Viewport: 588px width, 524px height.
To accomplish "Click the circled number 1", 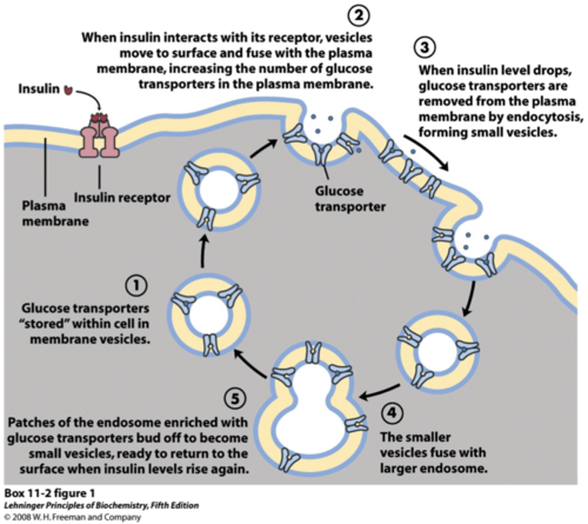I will click(x=136, y=286).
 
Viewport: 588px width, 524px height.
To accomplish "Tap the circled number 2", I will click(x=358, y=15).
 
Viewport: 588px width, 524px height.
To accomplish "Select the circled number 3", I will click(x=424, y=47).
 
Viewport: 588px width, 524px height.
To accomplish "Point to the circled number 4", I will click(x=392, y=413).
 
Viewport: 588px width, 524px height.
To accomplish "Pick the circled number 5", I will click(x=235, y=398).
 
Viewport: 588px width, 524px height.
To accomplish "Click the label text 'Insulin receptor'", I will click(x=122, y=198).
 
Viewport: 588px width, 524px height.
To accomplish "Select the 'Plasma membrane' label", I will click(x=55, y=213).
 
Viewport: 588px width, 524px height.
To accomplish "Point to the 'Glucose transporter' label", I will click(x=350, y=199).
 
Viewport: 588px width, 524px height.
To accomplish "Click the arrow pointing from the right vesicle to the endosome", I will click(x=379, y=392).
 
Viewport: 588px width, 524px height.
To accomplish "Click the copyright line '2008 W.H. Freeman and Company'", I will click(x=76, y=517).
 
